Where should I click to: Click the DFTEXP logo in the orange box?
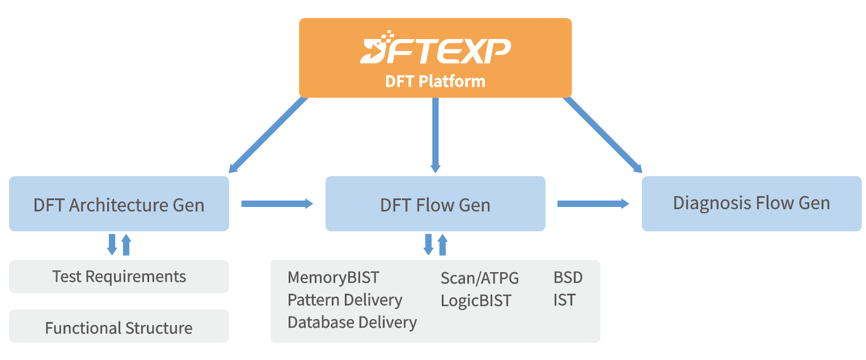(x=435, y=48)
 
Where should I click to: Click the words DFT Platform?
(x=435, y=81)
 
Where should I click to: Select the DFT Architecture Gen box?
(x=119, y=204)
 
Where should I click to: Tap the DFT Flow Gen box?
(x=435, y=204)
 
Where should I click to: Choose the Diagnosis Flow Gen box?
(x=751, y=203)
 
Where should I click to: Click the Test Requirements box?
(x=119, y=277)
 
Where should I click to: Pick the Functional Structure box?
(x=119, y=327)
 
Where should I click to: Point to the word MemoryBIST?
(x=333, y=278)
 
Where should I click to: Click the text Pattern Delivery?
(x=345, y=300)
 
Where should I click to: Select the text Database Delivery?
(x=352, y=323)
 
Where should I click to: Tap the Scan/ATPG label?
(x=479, y=278)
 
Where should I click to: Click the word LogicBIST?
(x=476, y=300)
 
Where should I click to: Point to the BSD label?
(x=568, y=278)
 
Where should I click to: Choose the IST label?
(x=564, y=300)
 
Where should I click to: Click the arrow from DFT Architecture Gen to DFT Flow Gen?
(x=277, y=204)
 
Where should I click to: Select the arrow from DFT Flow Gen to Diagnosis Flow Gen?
(x=593, y=204)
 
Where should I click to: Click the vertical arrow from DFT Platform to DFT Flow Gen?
(x=435, y=135)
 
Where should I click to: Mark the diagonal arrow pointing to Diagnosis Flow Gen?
(x=603, y=134)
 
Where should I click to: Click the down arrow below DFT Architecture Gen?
(x=112, y=244)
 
